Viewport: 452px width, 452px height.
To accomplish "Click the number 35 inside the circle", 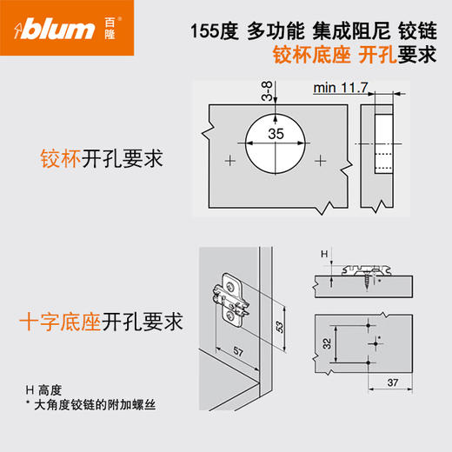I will (275, 134).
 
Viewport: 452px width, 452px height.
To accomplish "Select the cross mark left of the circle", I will (229, 161).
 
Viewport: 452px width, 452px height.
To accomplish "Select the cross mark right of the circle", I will (322, 161).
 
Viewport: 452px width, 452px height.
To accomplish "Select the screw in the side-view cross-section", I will (372, 278).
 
